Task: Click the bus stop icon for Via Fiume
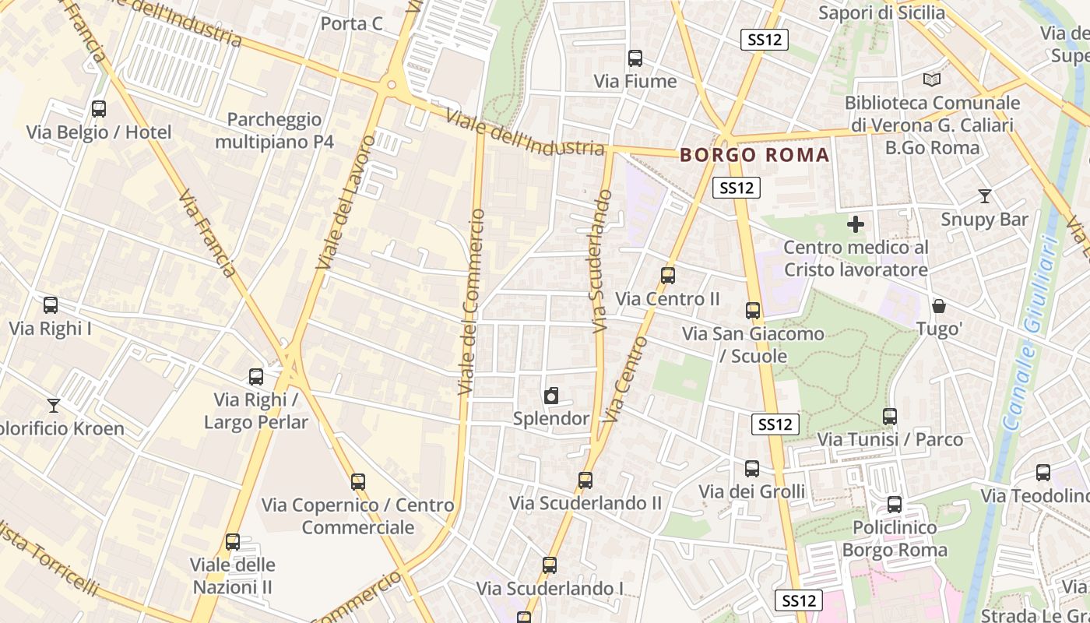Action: [635, 58]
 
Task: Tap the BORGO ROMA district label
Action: [754, 155]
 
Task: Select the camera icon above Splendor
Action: [551, 396]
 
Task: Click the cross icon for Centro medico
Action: [856, 225]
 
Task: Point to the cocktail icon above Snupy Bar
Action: [984, 196]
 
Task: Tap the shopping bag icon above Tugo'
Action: [940, 306]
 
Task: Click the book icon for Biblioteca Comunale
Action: [931, 79]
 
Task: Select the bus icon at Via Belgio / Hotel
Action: [99, 109]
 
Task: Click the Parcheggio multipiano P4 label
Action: [274, 130]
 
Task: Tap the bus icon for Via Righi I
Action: [51, 305]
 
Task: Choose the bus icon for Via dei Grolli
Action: [751, 469]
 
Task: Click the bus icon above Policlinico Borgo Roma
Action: [894, 505]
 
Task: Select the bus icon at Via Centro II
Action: [667, 276]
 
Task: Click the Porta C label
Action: [351, 24]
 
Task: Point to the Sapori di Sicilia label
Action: [881, 12]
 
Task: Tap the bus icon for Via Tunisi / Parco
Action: [890, 417]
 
